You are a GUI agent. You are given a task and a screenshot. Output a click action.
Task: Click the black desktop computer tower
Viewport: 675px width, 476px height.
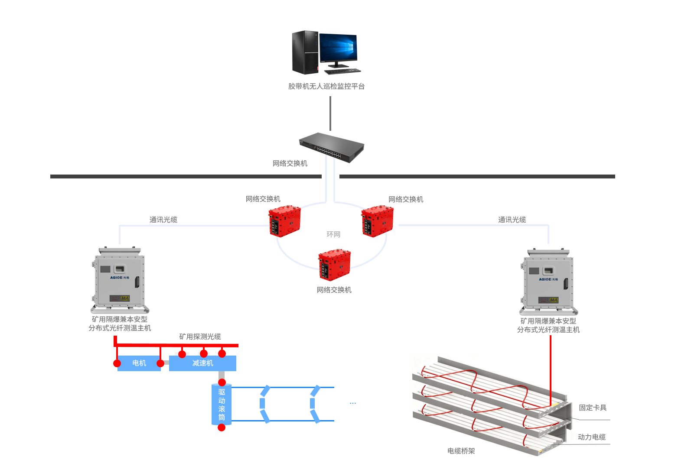[x=305, y=52]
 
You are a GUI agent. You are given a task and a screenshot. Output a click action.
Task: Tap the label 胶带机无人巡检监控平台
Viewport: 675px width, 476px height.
[x=326, y=86]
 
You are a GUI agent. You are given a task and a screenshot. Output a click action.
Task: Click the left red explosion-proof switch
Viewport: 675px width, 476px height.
[x=285, y=221]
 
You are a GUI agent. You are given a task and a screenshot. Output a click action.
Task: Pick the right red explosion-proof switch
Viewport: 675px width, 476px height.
[x=378, y=221]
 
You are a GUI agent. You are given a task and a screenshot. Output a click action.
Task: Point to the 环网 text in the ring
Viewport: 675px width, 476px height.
[x=333, y=234]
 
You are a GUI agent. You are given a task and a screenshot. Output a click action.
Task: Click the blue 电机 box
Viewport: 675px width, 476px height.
[x=139, y=363]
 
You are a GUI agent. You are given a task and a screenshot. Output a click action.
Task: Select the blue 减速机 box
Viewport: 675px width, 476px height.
[x=202, y=363]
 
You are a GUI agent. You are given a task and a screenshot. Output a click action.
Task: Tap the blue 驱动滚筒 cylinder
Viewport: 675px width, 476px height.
[x=222, y=405]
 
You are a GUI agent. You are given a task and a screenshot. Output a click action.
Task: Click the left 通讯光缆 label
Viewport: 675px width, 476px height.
[x=163, y=220]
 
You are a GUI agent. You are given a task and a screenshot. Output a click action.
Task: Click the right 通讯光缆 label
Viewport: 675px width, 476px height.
[x=512, y=220]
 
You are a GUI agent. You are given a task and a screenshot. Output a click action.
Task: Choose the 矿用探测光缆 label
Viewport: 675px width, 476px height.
[x=200, y=337]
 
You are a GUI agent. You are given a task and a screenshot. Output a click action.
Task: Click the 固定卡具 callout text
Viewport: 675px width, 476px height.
[x=593, y=408]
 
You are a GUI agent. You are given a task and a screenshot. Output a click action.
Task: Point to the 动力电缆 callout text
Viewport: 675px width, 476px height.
[x=592, y=437]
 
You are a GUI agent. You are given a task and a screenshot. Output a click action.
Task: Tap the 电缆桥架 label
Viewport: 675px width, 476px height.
[x=461, y=451]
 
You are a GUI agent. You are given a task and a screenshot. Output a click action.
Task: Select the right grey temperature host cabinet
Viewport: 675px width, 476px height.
[x=548, y=282]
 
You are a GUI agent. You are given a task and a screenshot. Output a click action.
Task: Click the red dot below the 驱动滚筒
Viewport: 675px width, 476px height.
[x=222, y=428]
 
